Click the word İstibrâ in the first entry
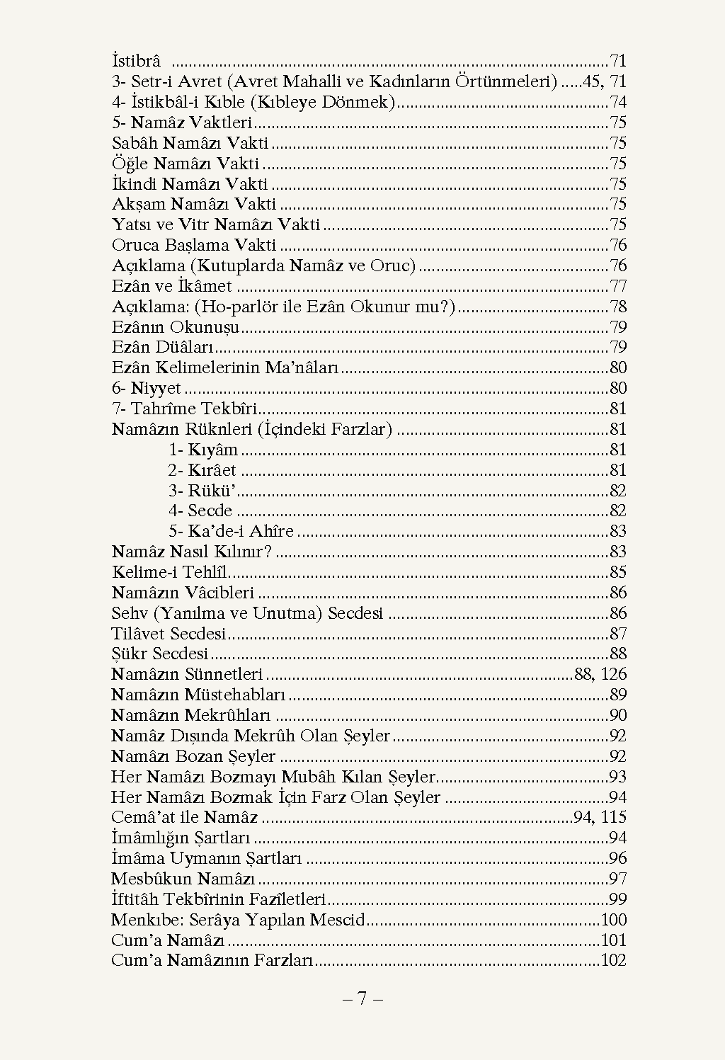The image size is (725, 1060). tap(137, 62)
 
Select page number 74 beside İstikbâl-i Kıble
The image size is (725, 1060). tap(618, 103)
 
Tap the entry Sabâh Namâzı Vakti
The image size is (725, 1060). tap(190, 144)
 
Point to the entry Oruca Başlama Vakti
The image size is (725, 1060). tap(194, 246)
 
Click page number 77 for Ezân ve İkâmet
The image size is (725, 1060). tap(618, 287)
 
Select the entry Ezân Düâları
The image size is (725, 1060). tap(163, 348)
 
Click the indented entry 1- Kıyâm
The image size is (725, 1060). tap(203, 450)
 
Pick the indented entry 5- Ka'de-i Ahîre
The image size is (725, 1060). tap(231, 532)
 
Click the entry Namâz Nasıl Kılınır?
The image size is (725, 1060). tap(192, 552)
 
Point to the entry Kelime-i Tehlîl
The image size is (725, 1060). tap(170, 573)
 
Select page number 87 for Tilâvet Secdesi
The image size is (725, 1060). tap(618, 634)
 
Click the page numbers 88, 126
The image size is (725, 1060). tap(600, 675)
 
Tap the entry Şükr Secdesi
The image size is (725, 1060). tap(160, 654)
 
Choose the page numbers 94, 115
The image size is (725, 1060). tap(600, 818)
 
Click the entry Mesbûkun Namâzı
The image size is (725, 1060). tap(183, 879)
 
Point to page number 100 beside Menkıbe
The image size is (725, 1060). tap(614, 921)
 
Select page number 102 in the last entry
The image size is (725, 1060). tap(614, 962)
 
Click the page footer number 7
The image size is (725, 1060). tap(362, 999)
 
